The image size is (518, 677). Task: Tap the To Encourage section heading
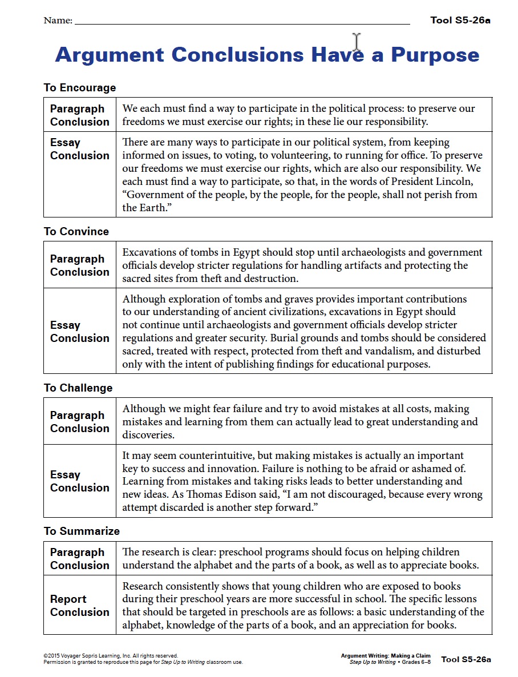pos(80,88)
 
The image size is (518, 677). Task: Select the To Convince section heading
pos(76,231)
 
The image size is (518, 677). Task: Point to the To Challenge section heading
pos(78,388)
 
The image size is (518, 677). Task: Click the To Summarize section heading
pos(82,531)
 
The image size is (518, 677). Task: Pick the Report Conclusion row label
pos(79,606)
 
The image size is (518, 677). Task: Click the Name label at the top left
pos(58,21)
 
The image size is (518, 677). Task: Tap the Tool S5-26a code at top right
pos(460,21)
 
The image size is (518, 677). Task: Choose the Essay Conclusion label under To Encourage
pos(79,149)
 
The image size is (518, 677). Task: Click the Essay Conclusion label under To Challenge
pos(79,481)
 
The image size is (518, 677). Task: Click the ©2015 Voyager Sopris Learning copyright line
pos(110,656)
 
